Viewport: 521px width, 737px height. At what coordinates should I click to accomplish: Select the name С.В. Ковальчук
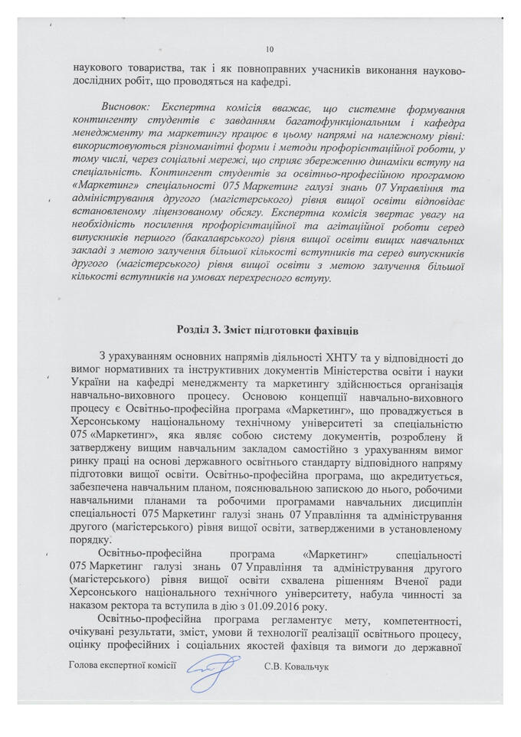296,667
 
